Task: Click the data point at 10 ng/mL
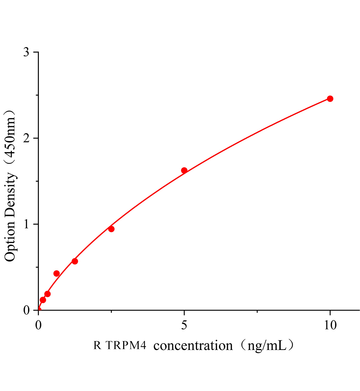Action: tap(330, 99)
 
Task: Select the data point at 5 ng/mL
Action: tap(184, 170)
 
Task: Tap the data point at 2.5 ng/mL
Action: tap(111, 229)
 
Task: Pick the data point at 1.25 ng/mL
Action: tap(75, 261)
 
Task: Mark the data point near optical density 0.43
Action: tap(56, 273)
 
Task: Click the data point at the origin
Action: tap(38, 310)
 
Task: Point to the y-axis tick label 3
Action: tap(26, 52)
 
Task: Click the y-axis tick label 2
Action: tap(26, 138)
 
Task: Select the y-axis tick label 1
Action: tap(26, 224)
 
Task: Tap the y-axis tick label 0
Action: tap(26, 310)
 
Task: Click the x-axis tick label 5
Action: tap(184, 325)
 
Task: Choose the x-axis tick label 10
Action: tap(330, 325)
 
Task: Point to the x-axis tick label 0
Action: tap(38, 325)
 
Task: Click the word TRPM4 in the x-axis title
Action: tap(126, 345)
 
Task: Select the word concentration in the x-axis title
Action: tap(193, 345)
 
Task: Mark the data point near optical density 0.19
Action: tap(47, 294)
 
